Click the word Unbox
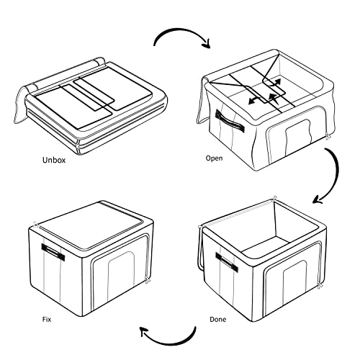(x=54, y=160)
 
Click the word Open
(x=214, y=158)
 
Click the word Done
(x=217, y=320)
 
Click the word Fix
(x=47, y=320)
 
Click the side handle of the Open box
(x=230, y=122)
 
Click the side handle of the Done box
(x=227, y=262)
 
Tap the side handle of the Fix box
(x=53, y=252)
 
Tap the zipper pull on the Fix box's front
(x=147, y=280)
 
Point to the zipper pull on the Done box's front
(x=319, y=286)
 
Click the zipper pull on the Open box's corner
(x=328, y=136)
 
